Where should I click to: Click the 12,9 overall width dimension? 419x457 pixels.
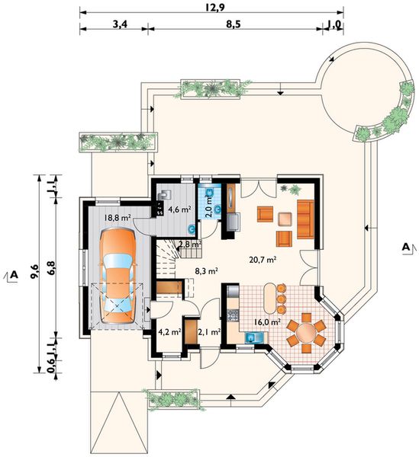tap(214, 8)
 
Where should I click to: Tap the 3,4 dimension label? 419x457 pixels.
tap(120, 24)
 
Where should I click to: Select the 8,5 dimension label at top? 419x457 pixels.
tap(234, 24)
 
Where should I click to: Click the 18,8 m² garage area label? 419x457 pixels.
tap(118, 217)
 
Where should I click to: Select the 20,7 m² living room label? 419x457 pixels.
tap(263, 259)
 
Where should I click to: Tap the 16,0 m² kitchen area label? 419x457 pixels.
tap(267, 322)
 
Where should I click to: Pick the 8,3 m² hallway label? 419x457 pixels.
tap(207, 271)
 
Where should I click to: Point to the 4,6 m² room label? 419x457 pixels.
tap(179, 209)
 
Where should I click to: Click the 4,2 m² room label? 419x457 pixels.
tap(169, 331)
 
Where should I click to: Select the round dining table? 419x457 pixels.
tap(306, 332)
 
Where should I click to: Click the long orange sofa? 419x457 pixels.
tap(305, 219)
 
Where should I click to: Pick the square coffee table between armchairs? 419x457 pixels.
tap(285, 219)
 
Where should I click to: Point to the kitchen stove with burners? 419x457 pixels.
tap(233, 315)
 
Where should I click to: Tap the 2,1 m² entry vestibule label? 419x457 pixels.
tap(209, 331)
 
